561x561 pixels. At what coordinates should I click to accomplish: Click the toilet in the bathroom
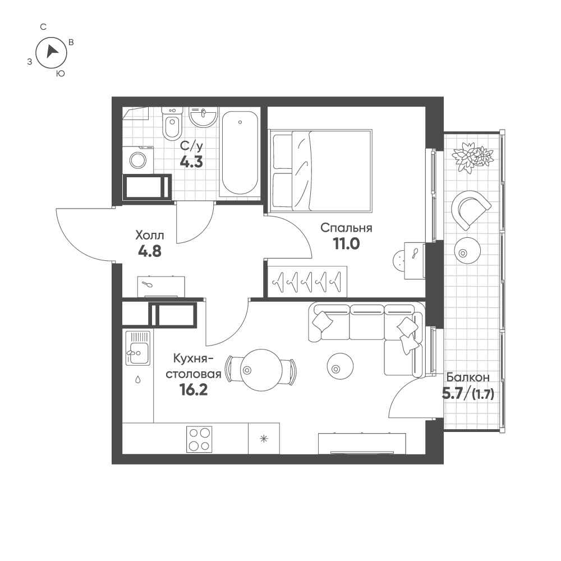171,123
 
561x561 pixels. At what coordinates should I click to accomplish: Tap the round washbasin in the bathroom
203,117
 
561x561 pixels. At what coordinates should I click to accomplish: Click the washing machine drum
138,160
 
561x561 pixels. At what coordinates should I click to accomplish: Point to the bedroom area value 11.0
346,243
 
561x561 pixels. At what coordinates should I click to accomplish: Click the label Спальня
346,228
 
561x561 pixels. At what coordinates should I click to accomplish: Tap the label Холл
150,236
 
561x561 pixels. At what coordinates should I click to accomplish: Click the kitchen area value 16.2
194,390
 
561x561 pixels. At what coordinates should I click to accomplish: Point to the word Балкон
468,377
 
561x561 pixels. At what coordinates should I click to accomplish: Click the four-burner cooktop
199,439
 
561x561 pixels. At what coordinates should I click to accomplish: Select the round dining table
261,370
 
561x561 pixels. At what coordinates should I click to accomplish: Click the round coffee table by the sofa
340,366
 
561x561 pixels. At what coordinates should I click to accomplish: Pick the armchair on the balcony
471,209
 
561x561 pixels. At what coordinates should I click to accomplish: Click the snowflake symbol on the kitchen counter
264,439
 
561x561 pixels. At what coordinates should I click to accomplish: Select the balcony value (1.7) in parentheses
483,394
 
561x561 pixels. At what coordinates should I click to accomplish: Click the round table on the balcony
467,250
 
